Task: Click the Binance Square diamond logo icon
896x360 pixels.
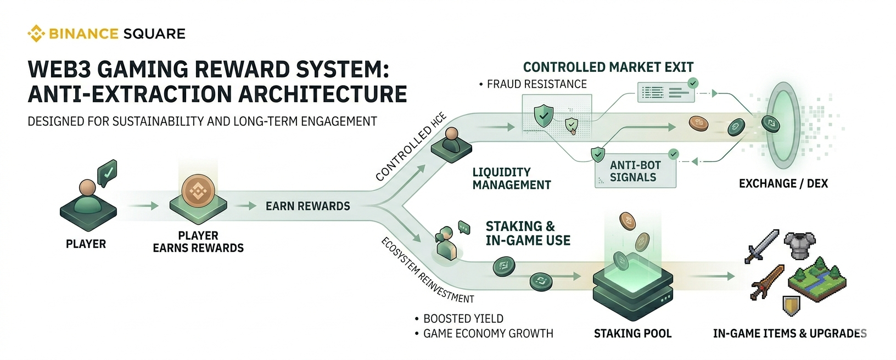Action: click(x=36, y=33)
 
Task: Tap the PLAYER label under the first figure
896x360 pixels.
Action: click(x=86, y=244)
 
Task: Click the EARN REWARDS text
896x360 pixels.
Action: click(x=307, y=206)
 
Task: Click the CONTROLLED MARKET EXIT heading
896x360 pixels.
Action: click(x=608, y=67)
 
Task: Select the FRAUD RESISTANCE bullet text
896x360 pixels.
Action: click(x=536, y=85)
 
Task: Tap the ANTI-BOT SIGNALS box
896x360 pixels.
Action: click(x=635, y=171)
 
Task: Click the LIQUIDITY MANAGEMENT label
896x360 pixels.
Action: click(x=511, y=179)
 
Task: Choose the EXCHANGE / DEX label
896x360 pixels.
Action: click(x=783, y=184)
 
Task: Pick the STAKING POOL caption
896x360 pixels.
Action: click(x=632, y=334)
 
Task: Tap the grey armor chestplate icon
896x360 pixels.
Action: click(x=800, y=245)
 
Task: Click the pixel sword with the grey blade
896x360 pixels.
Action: click(x=762, y=246)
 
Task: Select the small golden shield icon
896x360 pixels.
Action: click(x=791, y=306)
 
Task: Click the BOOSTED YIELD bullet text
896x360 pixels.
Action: click(x=463, y=319)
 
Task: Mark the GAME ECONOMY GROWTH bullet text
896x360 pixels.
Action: click(x=488, y=334)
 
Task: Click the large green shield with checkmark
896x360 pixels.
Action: click(x=544, y=116)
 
